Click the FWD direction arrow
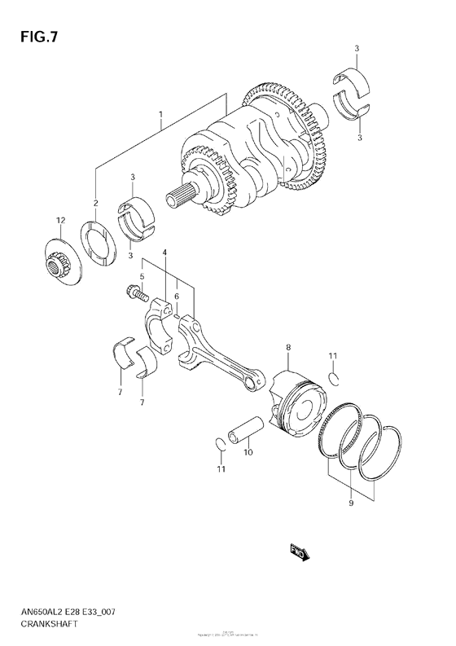pyautogui.click(x=299, y=552)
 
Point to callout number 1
pyautogui.click(x=160, y=114)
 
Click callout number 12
pyautogui.click(x=59, y=221)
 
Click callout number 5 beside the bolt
pyautogui.click(x=141, y=276)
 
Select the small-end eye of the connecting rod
pyautogui.click(x=256, y=376)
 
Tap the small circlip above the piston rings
pyautogui.click(x=334, y=376)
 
